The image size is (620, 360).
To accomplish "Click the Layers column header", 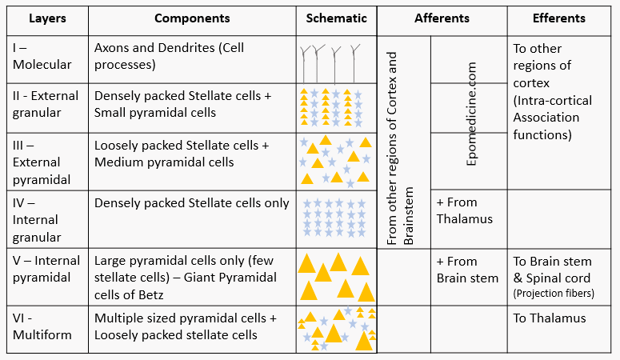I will (46, 18).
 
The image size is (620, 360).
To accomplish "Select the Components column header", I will (191, 18).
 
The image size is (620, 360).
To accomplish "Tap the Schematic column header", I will (336, 18).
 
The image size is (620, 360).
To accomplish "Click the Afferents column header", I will (442, 18).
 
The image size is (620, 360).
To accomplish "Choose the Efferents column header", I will (558, 18).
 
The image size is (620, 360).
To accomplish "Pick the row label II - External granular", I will (46, 104).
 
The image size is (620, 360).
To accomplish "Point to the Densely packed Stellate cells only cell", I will (191, 203).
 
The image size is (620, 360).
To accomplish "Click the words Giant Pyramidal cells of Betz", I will (186, 286).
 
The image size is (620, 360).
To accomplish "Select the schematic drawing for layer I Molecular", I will (336, 58).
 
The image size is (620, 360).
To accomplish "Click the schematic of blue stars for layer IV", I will (336, 218).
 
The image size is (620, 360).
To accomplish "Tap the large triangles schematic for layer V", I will (336, 276).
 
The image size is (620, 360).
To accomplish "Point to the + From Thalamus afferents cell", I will (465, 210).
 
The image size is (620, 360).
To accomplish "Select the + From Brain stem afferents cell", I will (467, 270).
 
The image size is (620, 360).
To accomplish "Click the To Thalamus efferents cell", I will (550, 318).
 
